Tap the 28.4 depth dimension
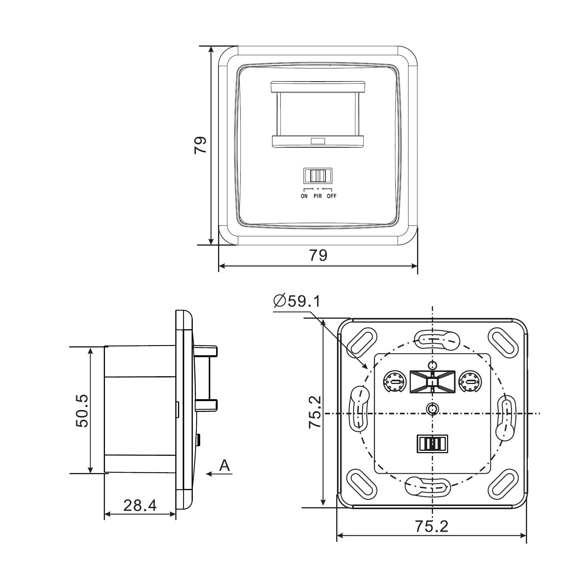click(x=140, y=505)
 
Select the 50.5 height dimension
click(x=82, y=411)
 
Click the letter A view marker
click(x=224, y=465)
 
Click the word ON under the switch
click(x=304, y=196)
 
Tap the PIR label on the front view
click(x=318, y=196)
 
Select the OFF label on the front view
click(x=332, y=196)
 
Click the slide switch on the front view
click(x=318, y=176)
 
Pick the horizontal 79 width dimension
click(x=318, y=255)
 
